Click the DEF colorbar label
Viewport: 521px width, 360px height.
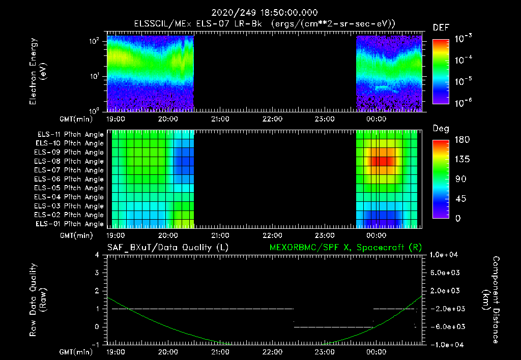441,27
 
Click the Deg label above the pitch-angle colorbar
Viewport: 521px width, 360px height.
441,129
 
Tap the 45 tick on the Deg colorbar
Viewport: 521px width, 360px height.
440,199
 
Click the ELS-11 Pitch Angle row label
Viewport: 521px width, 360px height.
70,134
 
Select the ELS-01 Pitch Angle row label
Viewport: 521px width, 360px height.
70,224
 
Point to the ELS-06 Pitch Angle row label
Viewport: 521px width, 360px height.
70,179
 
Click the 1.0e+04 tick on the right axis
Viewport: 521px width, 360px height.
445,254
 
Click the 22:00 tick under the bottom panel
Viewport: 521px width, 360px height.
272,351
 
